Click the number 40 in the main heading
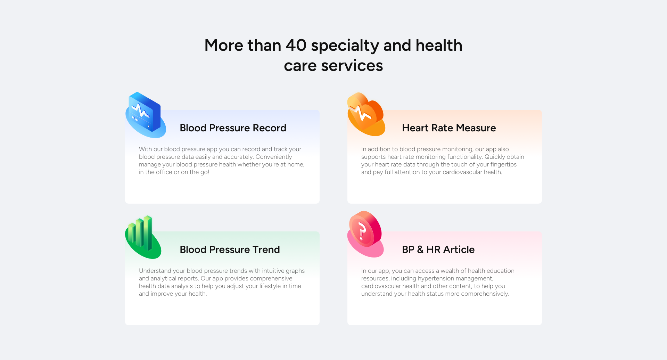tap(296, 45)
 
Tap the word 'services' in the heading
tap(352, 66)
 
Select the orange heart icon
tap(366, 114)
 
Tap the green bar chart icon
tap(143, 237)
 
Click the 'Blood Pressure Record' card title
tap(233, 128)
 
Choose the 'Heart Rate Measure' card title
tap(449, 128)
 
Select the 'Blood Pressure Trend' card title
tap(230, 249)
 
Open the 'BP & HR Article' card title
tap(438, 249)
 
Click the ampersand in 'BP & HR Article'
tap(420, 249)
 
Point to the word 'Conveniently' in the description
tap(274, 157)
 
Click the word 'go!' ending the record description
tap(205, 172)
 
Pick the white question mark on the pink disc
tap(362, 231)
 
